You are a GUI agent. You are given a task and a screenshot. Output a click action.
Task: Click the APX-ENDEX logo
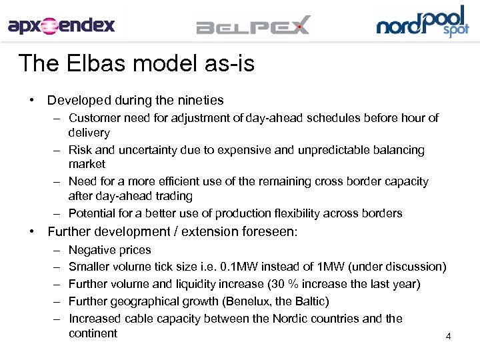coord(61,25)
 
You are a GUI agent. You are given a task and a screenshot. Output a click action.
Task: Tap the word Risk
coord(81,150)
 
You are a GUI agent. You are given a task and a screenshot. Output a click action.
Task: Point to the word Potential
coord(93,213)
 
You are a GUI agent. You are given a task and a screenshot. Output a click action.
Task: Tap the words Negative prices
coord(110,250)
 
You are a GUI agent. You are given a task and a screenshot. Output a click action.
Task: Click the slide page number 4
coord(448,337)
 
